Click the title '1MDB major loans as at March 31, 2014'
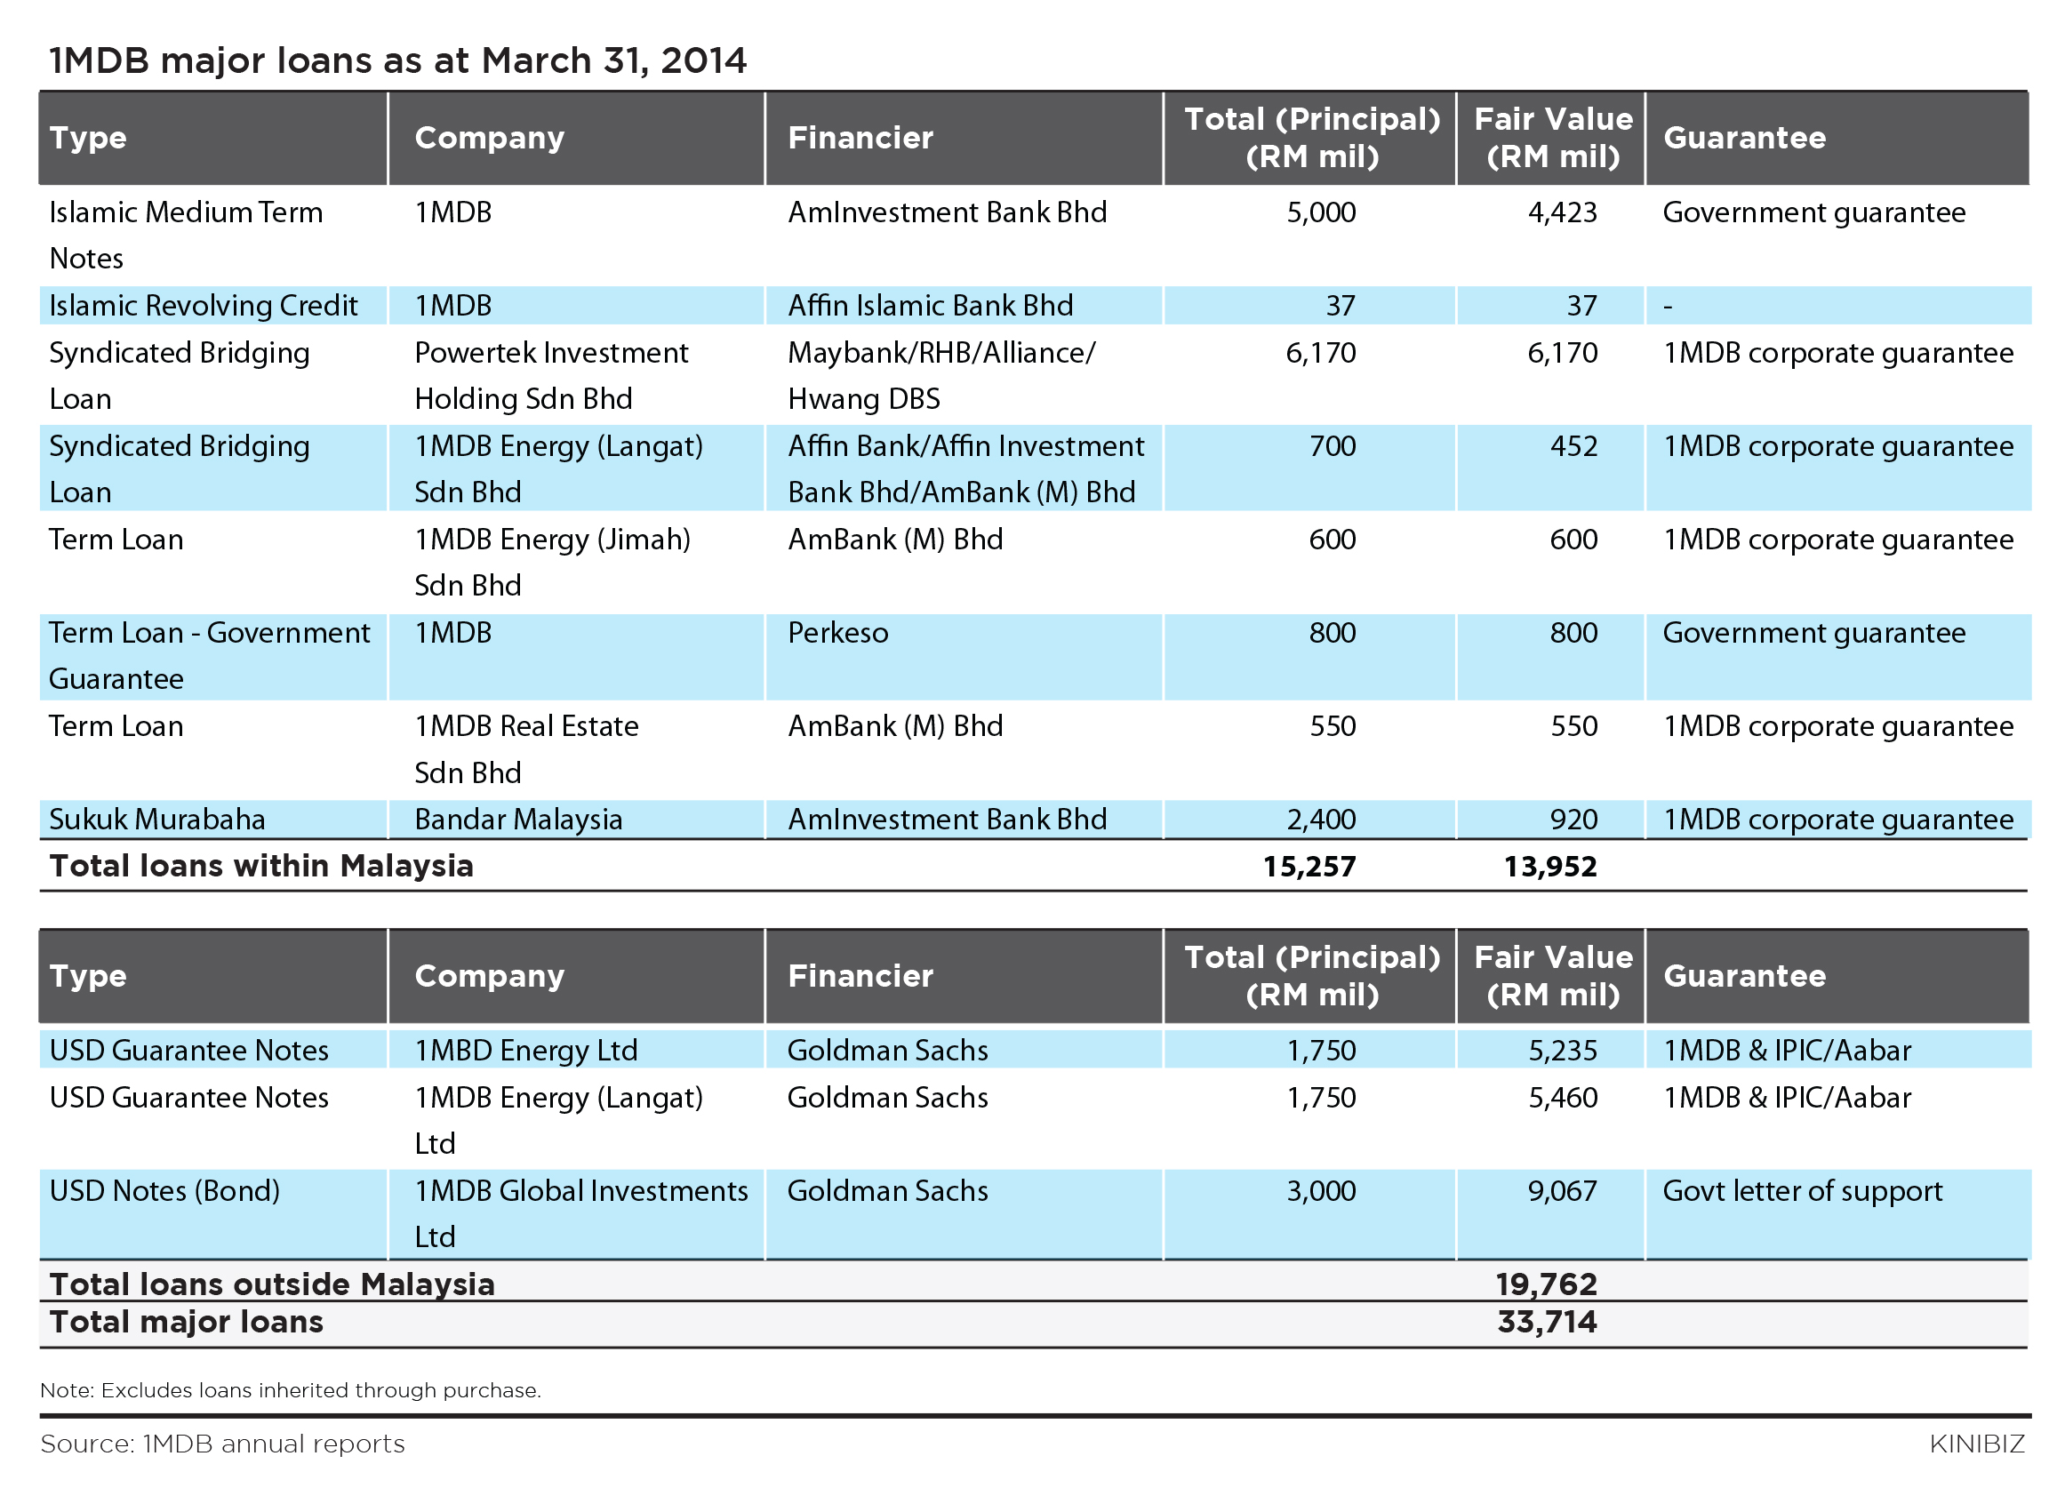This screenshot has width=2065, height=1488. coord(398,61)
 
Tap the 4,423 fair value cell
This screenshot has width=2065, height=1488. coord(1563,212)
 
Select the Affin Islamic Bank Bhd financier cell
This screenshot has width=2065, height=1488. coord(931,305)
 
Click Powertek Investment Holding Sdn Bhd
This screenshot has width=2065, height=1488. coord(551,375)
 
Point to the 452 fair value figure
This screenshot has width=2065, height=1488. coord(1573,446)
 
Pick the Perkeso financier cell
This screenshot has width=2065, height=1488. coord(837,633)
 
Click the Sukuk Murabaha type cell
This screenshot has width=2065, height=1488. coord(157,820)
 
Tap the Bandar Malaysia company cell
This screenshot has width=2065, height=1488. coord(518,820)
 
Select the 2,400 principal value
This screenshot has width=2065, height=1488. coord(1321,820)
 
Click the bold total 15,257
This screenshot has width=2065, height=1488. coord(1309,866)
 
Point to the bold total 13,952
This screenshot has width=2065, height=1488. coord(1550,866)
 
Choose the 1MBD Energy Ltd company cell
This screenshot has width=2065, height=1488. coord(526,1050)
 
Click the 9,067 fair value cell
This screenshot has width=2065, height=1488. coord(1563,1191)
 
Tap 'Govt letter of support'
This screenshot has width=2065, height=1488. coord(1803,1191)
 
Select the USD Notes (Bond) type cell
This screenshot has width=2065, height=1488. coord(164,1191)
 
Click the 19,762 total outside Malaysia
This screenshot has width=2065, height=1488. coord(1547,1284)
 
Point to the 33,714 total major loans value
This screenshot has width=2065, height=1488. coord(1547,1322)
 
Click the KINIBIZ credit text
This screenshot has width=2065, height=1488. coord(1977,1444)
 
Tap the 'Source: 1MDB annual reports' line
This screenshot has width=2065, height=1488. coord(223,1444)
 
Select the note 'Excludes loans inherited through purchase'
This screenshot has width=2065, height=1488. coord(320,1390)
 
